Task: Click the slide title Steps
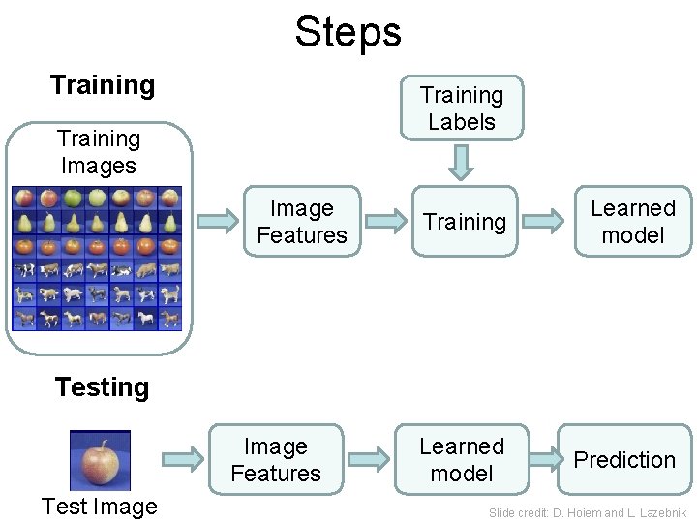(348, 31)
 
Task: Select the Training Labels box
(462, 108)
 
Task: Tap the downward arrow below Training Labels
(463, 163)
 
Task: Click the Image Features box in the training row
(301, 222)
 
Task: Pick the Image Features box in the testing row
(275, 460)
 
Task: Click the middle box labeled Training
(465, 222)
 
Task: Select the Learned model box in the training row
(633, 222)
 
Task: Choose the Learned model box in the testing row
(462, 460)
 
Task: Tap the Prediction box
(624, 460)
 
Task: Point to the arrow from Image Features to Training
(384, 221)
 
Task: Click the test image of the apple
(99, 460)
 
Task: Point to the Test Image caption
(99, 508)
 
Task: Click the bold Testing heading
(103, 387)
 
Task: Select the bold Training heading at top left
(103, 85)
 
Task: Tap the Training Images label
(99, 152)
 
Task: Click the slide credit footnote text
(588, 511)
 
